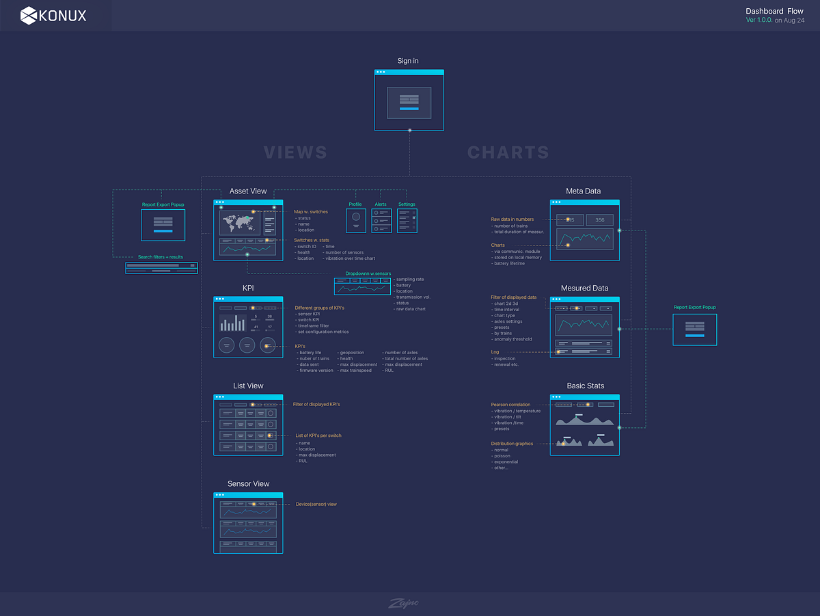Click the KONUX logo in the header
pos(53,15)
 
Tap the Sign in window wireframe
pos(409,100)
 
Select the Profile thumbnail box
pos(355,220)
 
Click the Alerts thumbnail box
pos(381,220)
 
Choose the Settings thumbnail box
pos(407,220)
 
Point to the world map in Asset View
pos(238,222)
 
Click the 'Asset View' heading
pos(248,191)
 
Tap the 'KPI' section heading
pos(248,289)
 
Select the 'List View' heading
pos(248,386)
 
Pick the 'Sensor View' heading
pos(248,483)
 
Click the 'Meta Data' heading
pos(584,191)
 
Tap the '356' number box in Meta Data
pos(599,220)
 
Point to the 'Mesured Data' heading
pos(584,289)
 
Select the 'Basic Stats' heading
pos(585,386)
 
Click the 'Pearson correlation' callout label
pos(510,405)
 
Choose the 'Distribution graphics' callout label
pos(512,444)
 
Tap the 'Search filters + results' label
pos(161,257)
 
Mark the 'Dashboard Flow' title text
pos(774,11)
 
